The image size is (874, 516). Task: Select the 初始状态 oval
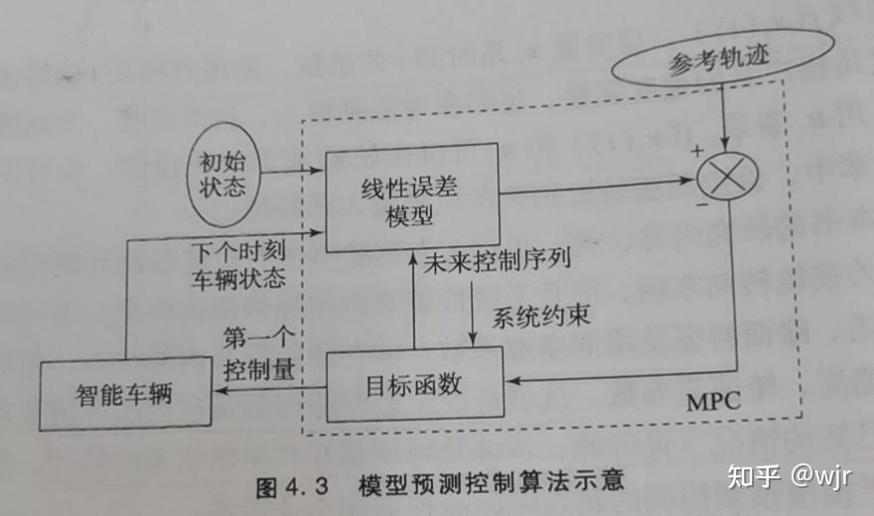[221, 172]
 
